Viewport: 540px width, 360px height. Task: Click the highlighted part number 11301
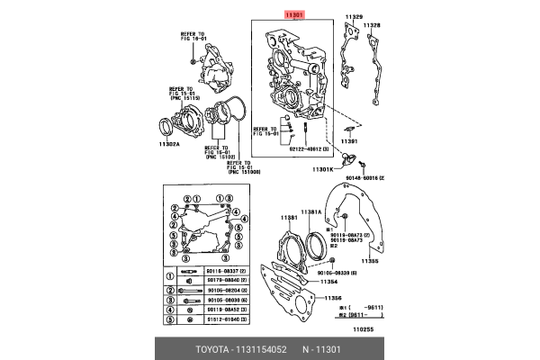tap(295, 15)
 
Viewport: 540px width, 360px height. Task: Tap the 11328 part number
tap(372, 25)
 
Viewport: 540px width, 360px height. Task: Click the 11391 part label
tap(348, 141)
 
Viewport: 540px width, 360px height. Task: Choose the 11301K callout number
tap(323, 168)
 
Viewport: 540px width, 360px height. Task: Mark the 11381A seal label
tap(310, 211)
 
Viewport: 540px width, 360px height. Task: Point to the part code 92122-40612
tap(311, 150)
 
